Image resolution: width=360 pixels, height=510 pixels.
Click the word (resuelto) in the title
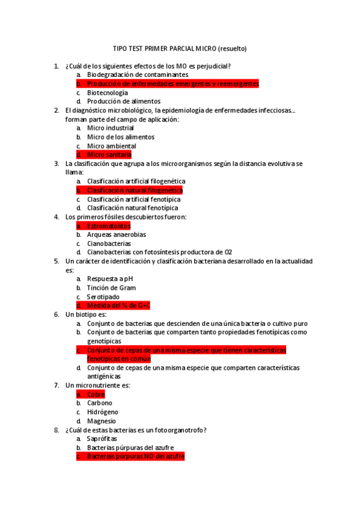click(232, 49)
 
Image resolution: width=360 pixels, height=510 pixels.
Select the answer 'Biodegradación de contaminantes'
click(133, 75)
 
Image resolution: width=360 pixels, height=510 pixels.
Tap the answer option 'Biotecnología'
click(107, 93)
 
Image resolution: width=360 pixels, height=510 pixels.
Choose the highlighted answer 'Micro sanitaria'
click(109, 155)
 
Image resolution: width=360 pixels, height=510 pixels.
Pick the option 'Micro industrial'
click(110, 128)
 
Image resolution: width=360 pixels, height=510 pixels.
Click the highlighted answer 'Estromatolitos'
click(108, 226)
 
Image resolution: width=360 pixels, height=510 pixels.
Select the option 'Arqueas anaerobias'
click(116, 235)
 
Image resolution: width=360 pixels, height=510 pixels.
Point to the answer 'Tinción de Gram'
click(111, 288)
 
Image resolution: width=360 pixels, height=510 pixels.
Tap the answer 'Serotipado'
click(103, 297)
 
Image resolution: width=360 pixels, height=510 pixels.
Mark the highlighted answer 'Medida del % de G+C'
click(118, 306)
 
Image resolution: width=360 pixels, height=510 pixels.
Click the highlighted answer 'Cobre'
click(96, 395)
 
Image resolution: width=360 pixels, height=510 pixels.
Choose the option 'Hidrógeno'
click(102, 413)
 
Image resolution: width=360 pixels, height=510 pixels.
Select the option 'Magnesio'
click(101, 422)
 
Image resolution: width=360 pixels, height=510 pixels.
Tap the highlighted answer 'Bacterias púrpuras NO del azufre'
click(135, 457)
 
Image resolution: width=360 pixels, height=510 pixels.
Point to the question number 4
click(56, 217)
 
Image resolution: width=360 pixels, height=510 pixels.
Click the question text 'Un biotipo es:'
click(86, 315)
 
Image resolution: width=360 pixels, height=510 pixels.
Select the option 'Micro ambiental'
click(111, 146)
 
